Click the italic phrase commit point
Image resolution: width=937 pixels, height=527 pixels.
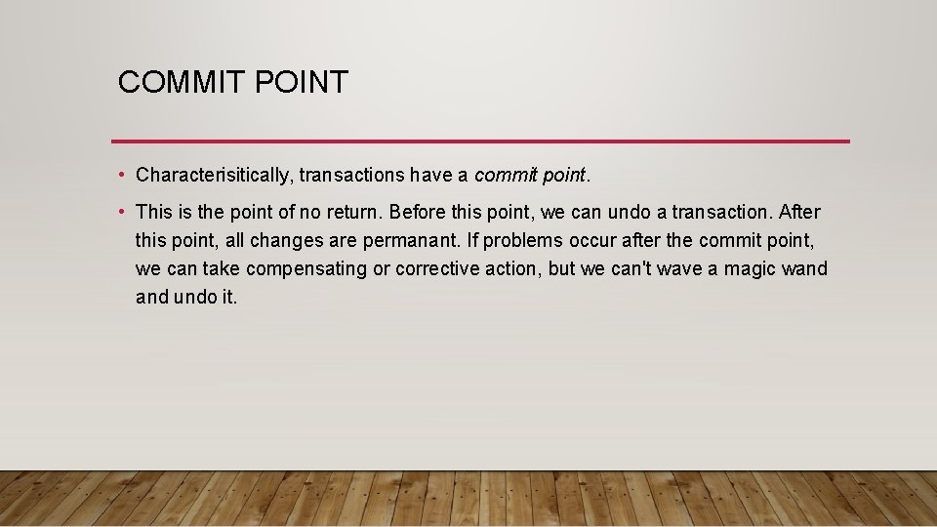(x=531, y=176)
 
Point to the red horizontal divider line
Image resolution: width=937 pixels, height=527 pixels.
(x=480, y=141)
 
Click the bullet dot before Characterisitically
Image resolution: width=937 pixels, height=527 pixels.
(x=118, y=176)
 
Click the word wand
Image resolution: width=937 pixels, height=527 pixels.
(x=804, y=269)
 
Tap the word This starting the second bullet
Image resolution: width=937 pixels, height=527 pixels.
(x=154, y=213)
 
